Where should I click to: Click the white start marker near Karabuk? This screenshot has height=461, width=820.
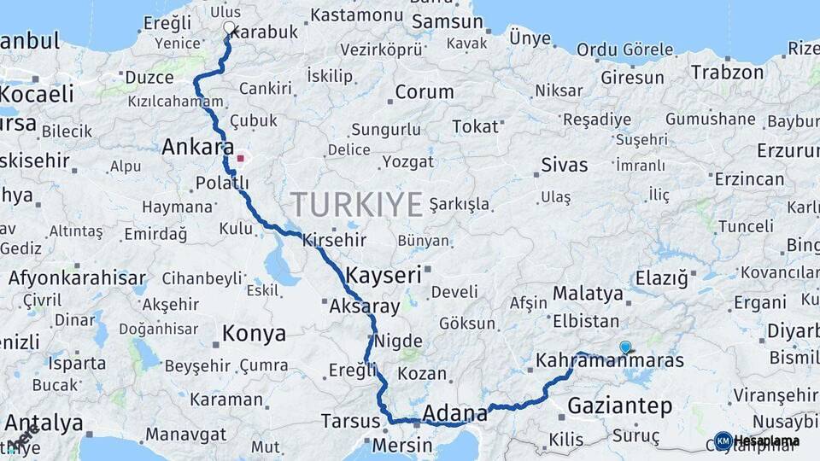(228, 27)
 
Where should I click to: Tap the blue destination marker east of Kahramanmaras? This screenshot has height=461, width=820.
(625, 347)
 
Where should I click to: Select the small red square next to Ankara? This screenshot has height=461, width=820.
(241, 158)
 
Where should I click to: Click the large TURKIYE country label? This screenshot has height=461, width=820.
(356, 205)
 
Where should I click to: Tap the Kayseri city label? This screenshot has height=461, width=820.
(384, 275)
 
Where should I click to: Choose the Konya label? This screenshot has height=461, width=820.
(254, 333)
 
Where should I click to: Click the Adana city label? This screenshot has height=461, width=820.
(455, 413)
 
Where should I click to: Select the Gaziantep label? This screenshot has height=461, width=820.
(620, 406)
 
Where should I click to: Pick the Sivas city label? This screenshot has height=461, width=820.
(565, 164)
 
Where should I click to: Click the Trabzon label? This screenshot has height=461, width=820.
(727, 72)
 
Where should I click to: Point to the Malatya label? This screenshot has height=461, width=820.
(588, 294)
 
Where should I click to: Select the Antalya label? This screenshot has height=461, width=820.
(43, 423)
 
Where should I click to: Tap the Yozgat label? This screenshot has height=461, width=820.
(408, 161)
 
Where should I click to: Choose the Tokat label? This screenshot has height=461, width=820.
(475, 126)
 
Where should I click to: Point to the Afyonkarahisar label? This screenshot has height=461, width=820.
(77, 278)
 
